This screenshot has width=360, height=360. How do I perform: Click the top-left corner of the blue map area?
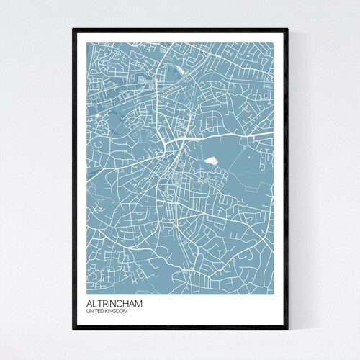87,43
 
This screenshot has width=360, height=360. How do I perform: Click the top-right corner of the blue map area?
273,43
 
